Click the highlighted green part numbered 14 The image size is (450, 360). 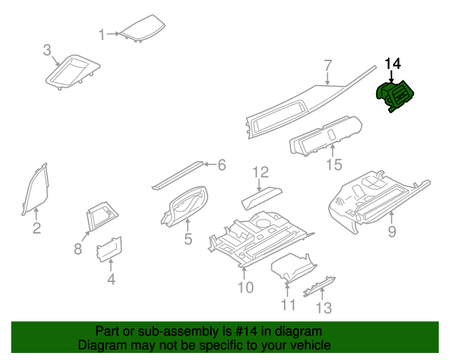394,96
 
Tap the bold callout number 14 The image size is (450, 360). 392,64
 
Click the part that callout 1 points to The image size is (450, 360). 143,28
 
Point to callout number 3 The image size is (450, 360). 47,50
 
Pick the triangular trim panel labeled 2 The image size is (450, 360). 36,189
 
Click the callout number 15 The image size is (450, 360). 334,165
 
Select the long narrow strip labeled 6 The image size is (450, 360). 178,175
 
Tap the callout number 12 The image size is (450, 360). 261,172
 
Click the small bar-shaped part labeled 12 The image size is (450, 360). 262,198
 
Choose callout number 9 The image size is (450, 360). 392,231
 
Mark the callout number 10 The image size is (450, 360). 245,287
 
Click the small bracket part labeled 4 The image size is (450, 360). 109,249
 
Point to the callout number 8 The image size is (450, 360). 78,249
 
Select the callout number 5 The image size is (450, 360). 188,239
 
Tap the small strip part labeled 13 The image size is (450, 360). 319,286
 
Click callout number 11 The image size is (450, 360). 288,305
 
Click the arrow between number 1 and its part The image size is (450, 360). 113,34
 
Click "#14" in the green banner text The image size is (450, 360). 245,331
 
